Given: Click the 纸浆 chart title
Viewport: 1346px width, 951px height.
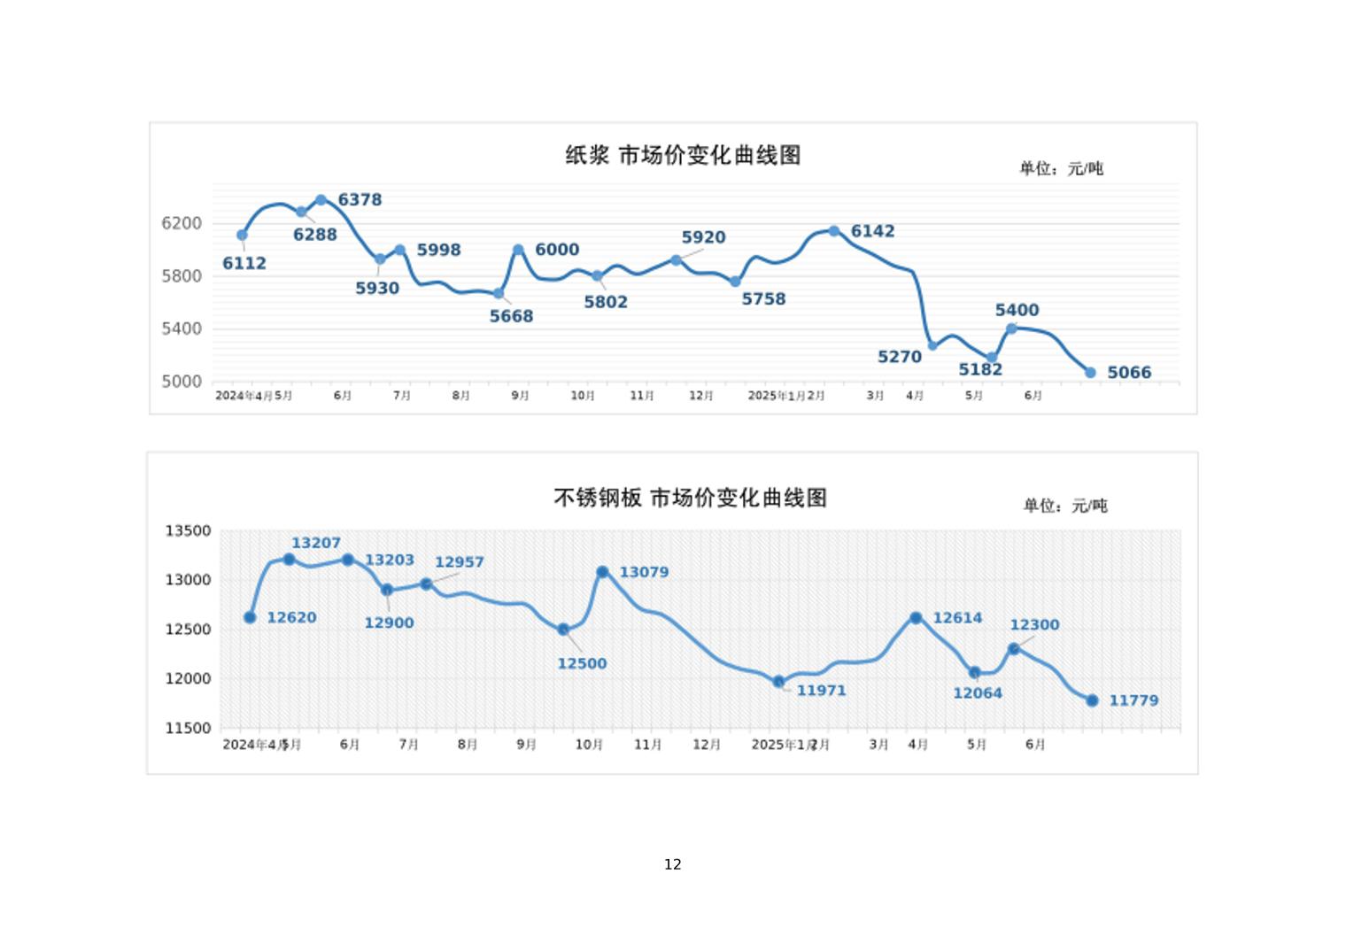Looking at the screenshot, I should [683, 156].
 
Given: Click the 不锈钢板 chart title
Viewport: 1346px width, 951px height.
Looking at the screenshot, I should [690, 499].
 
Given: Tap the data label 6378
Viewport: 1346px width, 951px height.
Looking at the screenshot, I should [360, 200].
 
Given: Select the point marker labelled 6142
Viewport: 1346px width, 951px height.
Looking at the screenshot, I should [834, 231].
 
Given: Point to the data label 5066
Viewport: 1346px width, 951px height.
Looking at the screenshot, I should [1129, 373].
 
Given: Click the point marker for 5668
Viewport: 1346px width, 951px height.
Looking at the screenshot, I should [499, 293].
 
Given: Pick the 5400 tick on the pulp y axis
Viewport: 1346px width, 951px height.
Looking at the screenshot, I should [182, 329].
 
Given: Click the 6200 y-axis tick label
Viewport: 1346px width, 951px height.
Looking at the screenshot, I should [182, 223].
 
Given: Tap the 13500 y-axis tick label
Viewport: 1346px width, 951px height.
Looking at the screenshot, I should [188, 531].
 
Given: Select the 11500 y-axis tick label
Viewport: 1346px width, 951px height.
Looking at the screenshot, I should [188, 729].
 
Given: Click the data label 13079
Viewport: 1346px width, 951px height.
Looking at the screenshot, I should [644, 572].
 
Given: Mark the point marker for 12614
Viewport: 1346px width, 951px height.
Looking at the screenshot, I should [916, 618].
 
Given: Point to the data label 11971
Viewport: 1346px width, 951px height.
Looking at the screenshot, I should [821, 691].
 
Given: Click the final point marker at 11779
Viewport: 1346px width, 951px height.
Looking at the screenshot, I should [1092, 700].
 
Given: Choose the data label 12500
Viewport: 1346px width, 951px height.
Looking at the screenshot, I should [582, 664].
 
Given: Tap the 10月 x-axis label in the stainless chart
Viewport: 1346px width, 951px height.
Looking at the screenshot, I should [589, 745].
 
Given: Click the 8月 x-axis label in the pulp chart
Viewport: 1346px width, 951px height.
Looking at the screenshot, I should [460, 396].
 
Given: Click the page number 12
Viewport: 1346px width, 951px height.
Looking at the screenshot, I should [673, 864].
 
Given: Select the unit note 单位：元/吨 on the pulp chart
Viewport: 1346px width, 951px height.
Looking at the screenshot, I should [1061, 168].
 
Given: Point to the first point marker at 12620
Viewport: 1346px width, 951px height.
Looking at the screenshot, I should [250, 617].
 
